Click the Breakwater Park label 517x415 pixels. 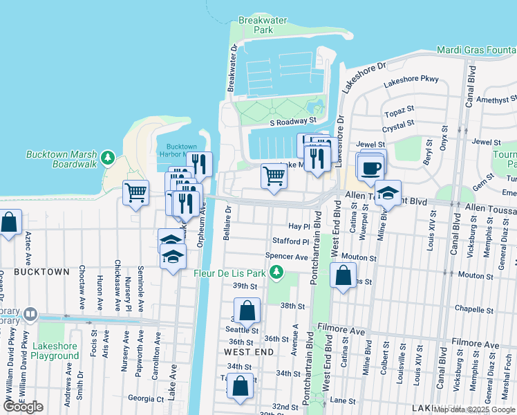click(263, 26)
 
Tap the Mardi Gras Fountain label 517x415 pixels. click(477, 50)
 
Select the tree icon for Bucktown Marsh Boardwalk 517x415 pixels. click(108, 158)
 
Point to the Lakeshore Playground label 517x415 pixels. click(55, 351)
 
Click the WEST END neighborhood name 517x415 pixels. click(249, 352)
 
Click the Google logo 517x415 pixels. click(23, 407)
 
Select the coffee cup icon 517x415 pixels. click(370, 167)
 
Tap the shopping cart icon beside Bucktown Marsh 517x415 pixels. click(135, 192)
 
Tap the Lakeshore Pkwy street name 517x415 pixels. click(411, 80)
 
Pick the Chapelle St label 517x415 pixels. click(473, 309)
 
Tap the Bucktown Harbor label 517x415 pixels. click(182, 151)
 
